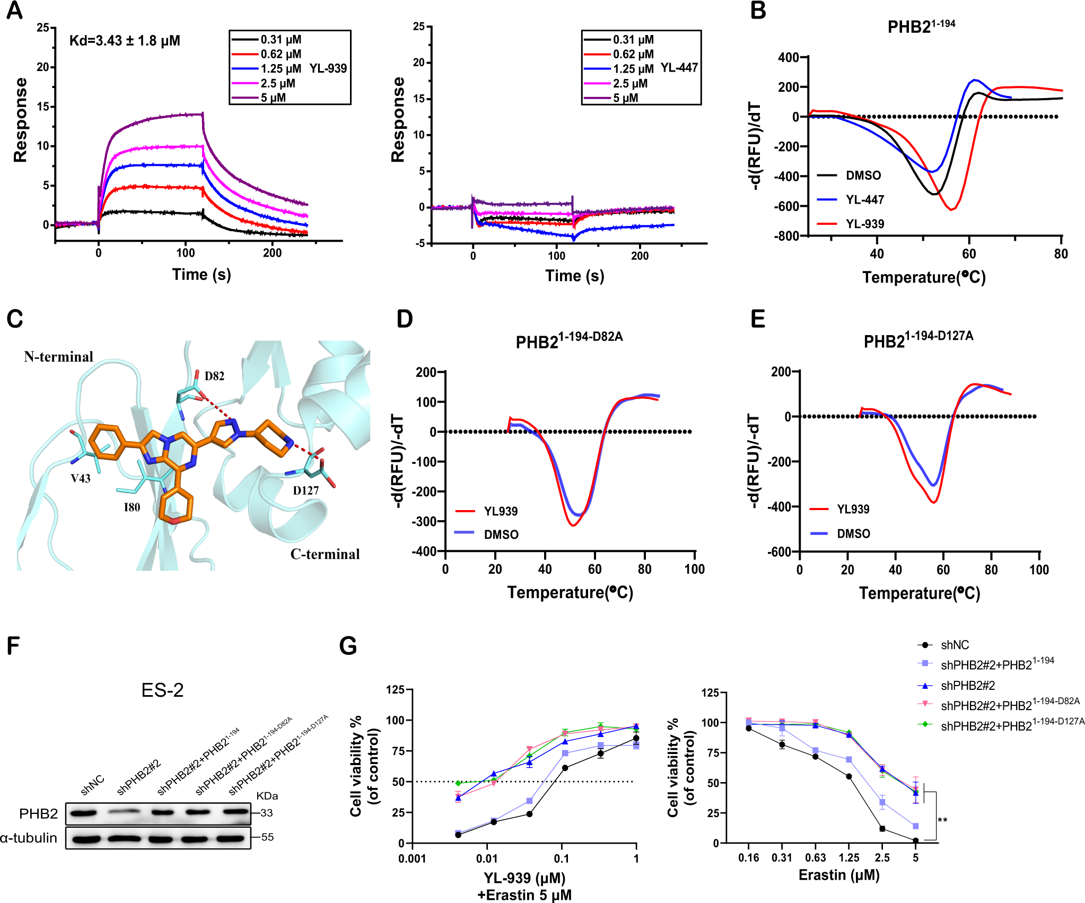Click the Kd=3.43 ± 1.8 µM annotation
pyautogui.click(x=125, y=41)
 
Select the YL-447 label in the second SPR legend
pyautogui.click(x=679, y=68)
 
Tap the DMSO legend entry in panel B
pyautogui.click(x=863, y=176)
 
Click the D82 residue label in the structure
pyautogui.click(x=214, y=376)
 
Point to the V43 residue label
pyautogui.click(x=81, y=478)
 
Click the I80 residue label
pyautogui.click(x=132, y=507)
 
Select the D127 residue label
pyautogui.click(x=306, y=490)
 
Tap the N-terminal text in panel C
pyautogui.click(x=58, y=357)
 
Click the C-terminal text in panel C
pyautogui.click(x=325, y=554)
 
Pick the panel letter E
pyautogui.click(x=758, y=319)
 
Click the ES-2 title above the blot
pyautogui.click(x=162, y=690)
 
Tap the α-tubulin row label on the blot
pyautogui.click(x=29, y=838)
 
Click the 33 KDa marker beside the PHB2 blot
pyautogui.click(x=266, y=813)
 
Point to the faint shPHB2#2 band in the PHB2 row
pyautogui.click(x=125, y=811)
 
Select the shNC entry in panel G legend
pyautogui.click(x=955, y=645)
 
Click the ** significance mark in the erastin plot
pyautogui.click(x=942, y=820)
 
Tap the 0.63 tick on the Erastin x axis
pyautogui.click(x=815, y=858)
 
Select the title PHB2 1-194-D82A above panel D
pyautogui.click(x=568, y=340)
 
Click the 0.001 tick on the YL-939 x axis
pyautogui.click(x=412, y=858)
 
